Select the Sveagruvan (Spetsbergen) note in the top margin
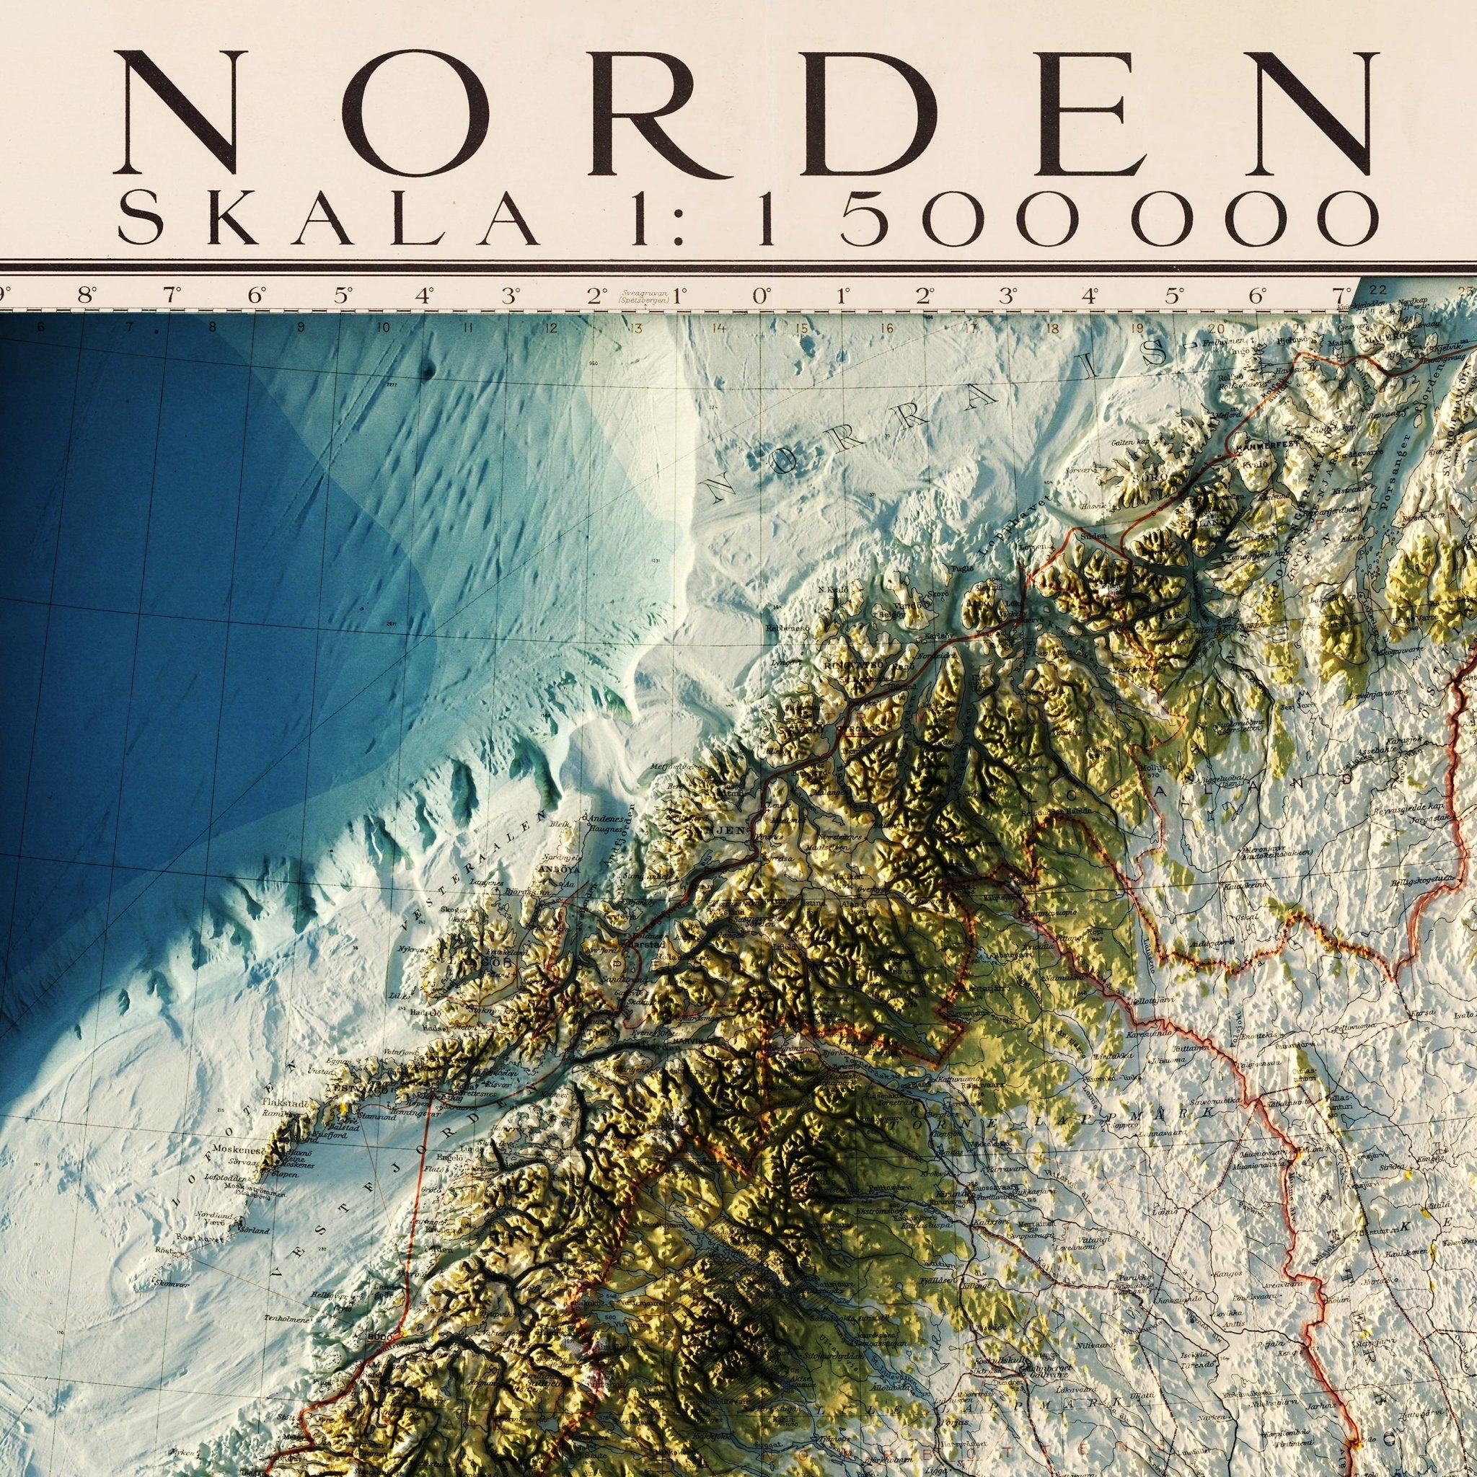click(x=642, y=296)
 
